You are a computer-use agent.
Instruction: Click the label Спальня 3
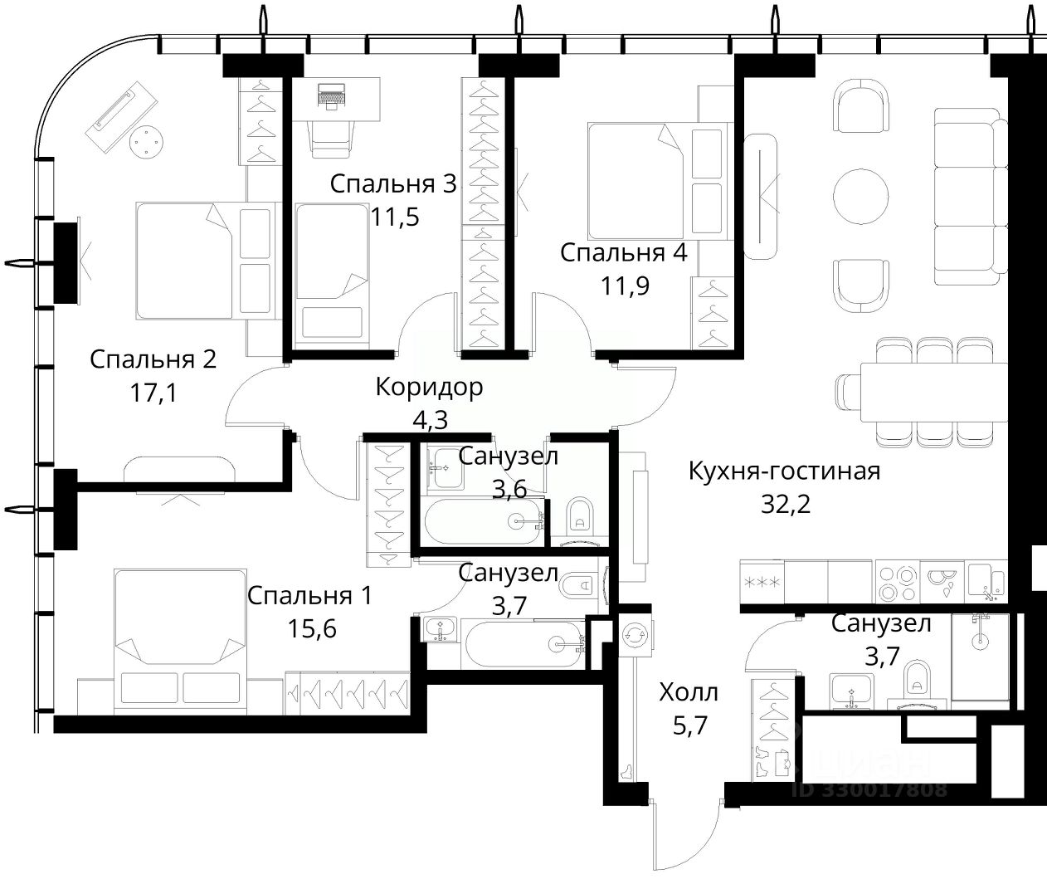click(393, 184)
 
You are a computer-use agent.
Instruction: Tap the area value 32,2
click(785, 504)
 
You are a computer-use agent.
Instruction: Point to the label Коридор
click(429, 388)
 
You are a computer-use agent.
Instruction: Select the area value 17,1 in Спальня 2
click(153, 393)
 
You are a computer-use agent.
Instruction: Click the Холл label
click(689, 693)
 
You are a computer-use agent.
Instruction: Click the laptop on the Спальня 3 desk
click(332, 95)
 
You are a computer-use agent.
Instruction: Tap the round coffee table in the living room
click(861, 196)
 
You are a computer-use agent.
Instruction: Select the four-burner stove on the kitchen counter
click(897, 583)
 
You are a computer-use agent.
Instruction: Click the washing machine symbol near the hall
click(635, 635)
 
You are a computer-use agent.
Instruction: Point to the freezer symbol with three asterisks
click(762, 583)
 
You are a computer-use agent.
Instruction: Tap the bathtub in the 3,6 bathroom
click(485, 521)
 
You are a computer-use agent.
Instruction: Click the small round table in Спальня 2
click(146, 140)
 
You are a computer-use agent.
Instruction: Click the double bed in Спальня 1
click(180, 642)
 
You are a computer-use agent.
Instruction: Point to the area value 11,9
click(625, 286)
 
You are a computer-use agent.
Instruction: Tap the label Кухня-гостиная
click(784, 471)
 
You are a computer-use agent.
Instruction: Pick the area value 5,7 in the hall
click(690, 725)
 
